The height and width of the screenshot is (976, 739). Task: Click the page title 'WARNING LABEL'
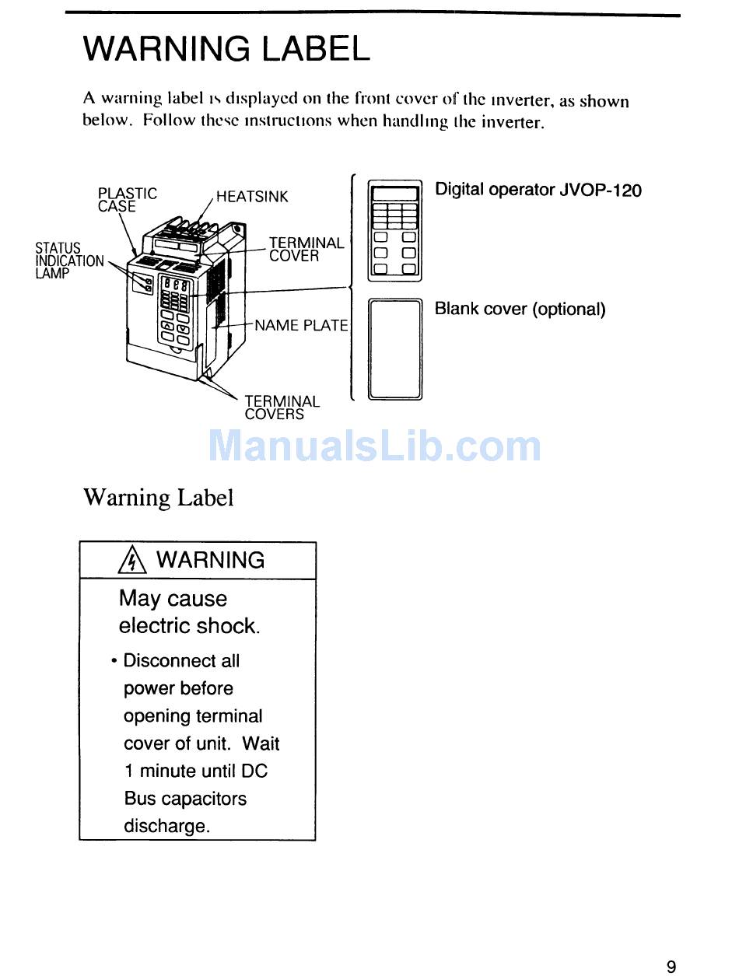pyautogui.click(x=226, y=49)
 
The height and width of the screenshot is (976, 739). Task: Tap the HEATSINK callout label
pyautogui.click(x=251, y=197)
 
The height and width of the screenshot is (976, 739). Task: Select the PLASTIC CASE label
pyautogui.click(x=127, y=199)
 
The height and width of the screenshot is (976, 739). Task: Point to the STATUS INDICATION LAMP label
pyautogui.click(x=68, y=261)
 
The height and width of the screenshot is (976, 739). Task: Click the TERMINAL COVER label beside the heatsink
pyautogui.click(x=306, y=250)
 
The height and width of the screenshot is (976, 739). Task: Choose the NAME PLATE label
pyautogui.click(x=301, y=326)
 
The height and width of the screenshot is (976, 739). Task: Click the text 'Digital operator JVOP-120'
pyautogui.click(x=538, y=190)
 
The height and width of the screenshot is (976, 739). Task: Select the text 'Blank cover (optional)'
pyautogui.click(x=520, y=309)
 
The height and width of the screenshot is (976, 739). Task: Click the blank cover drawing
pyautogui.click(x=394, y=349)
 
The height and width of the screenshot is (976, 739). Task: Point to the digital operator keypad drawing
pyautogui.click(x=394, y=230)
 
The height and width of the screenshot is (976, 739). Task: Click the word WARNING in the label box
pyautogui.click(x=210, y=560)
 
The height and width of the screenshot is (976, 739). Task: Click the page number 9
pyautogui.click(x=671, y=967)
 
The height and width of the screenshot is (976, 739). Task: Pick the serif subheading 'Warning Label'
pyautogui.click(x=158, y=497)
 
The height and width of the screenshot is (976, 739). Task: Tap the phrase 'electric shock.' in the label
pyautogui.click(x=189, y=626)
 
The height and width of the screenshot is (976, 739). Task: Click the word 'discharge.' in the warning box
pyautogui.click(x=166, y=826)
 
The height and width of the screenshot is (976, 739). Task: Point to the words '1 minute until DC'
pyautogui.click(x=195, y=771)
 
